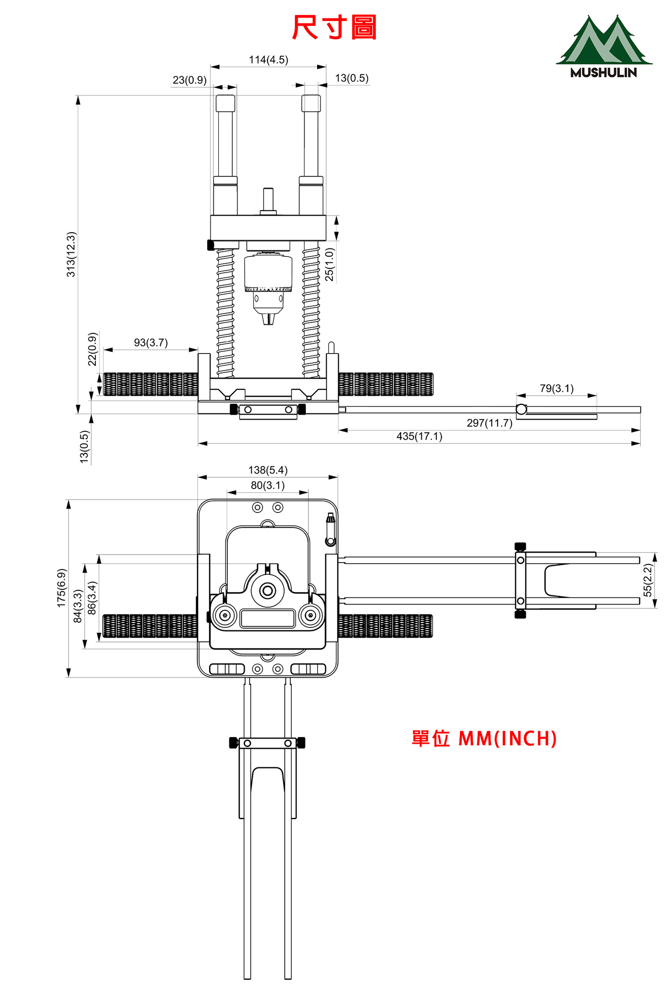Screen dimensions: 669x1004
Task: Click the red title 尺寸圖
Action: [x=334, y=27]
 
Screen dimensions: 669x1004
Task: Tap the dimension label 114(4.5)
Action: [x=268, y=60]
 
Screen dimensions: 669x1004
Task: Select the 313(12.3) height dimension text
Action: [x=71, y=254]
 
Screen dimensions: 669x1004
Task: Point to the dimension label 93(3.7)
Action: [x=151, y=343]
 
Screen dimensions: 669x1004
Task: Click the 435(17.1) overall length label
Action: [x=419, y=436]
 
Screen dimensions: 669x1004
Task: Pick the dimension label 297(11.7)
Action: [x=490, y=423]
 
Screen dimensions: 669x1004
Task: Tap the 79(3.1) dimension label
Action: [x=557, y=389]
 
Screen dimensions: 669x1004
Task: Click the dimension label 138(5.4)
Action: [x=268, y=470]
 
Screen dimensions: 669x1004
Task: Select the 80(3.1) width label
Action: [x=267, y=485]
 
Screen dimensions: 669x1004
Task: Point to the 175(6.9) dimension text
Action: [x=62, y=588]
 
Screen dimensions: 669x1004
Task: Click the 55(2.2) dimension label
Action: [x=648, y=580]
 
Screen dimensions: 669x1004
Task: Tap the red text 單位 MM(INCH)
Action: [x=484, y=739]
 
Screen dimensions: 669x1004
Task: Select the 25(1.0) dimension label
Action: [x=329, y=264]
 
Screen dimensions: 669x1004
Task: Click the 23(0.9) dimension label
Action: [x=190, y=80]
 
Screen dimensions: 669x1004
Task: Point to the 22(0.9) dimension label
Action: [x=92, y=349]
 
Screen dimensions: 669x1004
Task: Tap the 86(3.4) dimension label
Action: [x=92, y=598]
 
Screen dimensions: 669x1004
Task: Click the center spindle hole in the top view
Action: [x=268, y=591]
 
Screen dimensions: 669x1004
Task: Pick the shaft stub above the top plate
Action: [x=268, y=201]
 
